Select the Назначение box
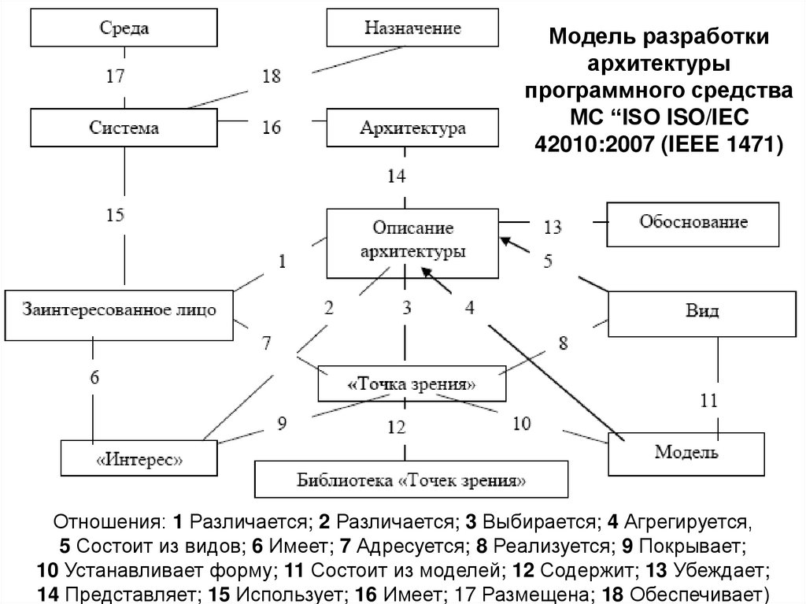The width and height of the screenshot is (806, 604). pyautogui.click(x=412, y=28)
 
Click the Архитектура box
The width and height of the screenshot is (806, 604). pyautogui.click(x=412, y=127)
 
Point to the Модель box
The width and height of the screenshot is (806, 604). pyautogui.click(x=686, y=452)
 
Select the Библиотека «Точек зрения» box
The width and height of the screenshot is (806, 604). pyautogui.click(x=411, y=479)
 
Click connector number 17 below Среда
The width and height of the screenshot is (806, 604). pyautogui.click(x=116, y=78)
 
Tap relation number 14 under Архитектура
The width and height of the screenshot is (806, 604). pyautogui.click(x=396, y=176)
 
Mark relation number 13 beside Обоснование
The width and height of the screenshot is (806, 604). pyautogui.click(x=552, y=228)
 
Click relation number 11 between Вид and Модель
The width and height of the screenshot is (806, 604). pyautogui.click(x=708, y=402)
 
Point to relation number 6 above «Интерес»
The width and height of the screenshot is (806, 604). pyautogui.click(x=94, y=376)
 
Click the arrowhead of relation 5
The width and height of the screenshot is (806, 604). pyautogui.click(x=505, y=241)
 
